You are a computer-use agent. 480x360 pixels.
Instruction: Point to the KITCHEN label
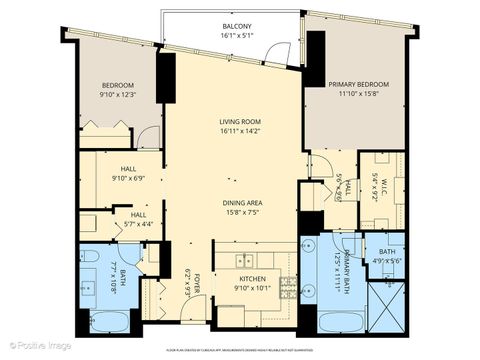pyautogui.click(x=251, y=279)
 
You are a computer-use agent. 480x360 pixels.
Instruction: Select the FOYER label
pyautogui.click(x=198, y=284)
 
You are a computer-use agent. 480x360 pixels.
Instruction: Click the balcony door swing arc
pyautogui.click(x=286, y=52)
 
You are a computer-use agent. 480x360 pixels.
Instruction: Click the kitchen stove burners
pyautogui.click(x=288, y=291)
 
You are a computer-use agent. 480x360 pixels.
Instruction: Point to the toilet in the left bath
pyautogui.click(x=89, y=262)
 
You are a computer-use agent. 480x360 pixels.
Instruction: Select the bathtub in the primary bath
pyautogui.click(x=339, y=322)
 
